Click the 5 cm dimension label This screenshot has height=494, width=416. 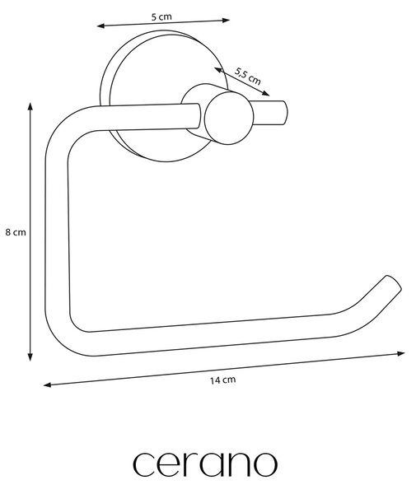click(x=161, y=16)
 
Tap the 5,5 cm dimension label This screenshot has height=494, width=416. click(x=248, y=77)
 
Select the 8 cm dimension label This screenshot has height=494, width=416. click(x=16, y=232)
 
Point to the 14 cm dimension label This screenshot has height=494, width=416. click(x=222, y=380)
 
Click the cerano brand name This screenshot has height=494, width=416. click(x=205, y=464)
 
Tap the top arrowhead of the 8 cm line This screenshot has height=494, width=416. click(x=30, y=106)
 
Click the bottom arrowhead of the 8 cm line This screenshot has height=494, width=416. click(x=30, y=357)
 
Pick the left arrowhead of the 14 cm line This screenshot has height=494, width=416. click(x=47, y=384)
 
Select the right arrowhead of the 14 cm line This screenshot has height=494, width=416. click(x=401, y=354)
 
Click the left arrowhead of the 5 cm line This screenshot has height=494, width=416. click(x=100, y=26)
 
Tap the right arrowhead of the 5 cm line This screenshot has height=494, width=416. click(x=226, y=21)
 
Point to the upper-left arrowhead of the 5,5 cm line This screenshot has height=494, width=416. click(x=218, y=70)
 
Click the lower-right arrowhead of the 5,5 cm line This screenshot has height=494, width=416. click(x=266, y=93)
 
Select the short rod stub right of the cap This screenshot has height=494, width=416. click(x=269, y=113)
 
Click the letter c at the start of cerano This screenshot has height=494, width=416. click(x=143, y=464)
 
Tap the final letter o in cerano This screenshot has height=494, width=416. click(x=266, y=464)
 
